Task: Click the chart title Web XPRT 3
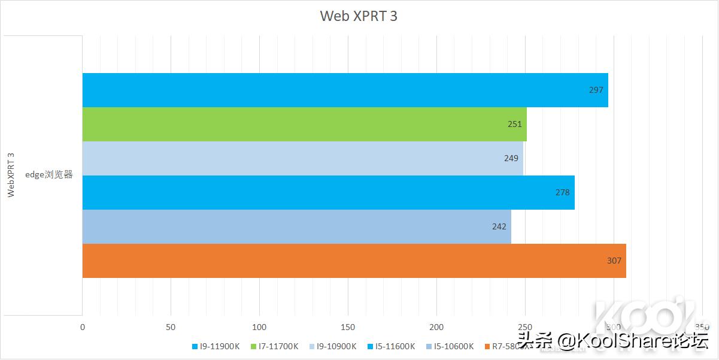[x=359, y=16]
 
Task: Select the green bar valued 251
[x=304, y=124]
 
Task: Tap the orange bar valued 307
[x=354, y=261]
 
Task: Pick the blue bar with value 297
[x=345, y=90]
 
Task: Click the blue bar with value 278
[x=328, y=192]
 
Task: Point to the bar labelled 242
[x=296, y=226]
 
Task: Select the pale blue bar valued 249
[x=302, y=158]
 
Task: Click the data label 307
[x=614, y=261]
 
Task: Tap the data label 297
[x=596, y=90]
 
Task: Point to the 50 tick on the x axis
[x=171, y=327]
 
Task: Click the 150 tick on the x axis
[x=348, y=327]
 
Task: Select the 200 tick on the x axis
[x=436, y=327]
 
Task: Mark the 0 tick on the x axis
[x=83, y=327]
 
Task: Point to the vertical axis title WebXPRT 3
[x=11, y=175]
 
